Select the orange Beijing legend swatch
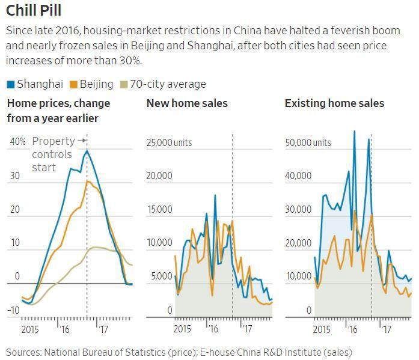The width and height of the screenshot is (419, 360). click(x=74, y=84)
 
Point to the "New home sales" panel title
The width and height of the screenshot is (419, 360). click(x=187, y=103)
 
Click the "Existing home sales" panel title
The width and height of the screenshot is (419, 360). click(x=334, y=103)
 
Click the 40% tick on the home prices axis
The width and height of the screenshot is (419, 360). click(x=17, y=142)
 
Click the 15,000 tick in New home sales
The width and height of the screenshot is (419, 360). click(x=160, y=210)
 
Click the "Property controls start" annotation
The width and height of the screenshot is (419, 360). click(x=53, y=154)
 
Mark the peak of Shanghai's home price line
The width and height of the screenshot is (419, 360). click(x=87, y=150)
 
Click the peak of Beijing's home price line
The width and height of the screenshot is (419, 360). click(x=87, y=181)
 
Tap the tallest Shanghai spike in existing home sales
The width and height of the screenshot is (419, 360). click(x=354, y=131)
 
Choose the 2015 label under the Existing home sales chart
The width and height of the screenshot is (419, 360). click(x=322, y=329)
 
